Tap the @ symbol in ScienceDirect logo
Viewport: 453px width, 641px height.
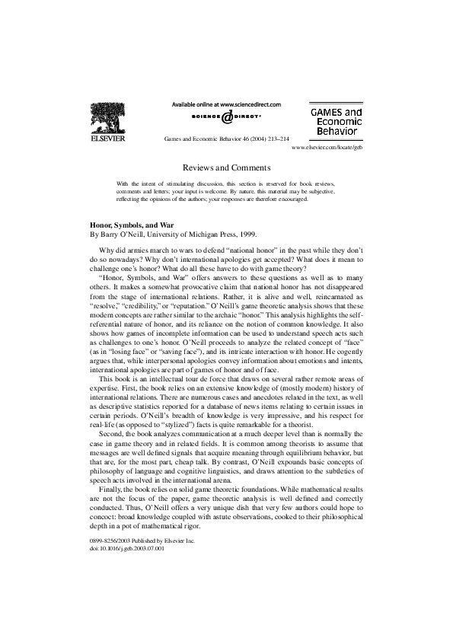tap(226, 118)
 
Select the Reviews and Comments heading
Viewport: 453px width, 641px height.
tap(226, 167)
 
